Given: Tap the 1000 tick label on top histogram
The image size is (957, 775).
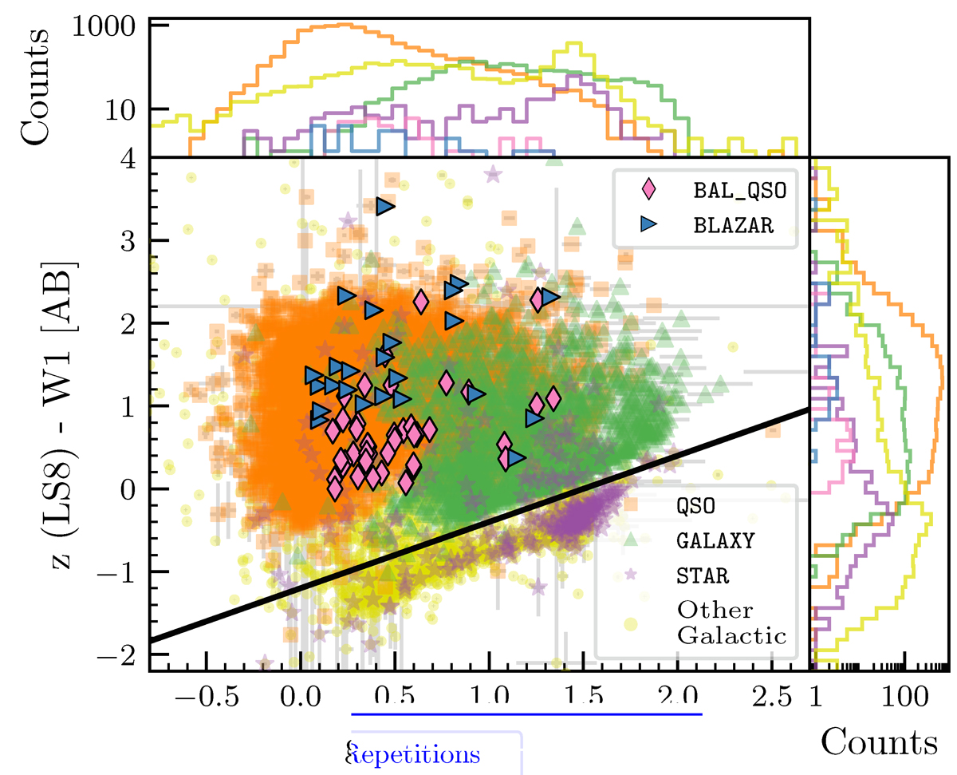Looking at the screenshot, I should (x=111, y=26).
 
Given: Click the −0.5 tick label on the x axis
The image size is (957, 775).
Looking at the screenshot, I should (x=207, y=694).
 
